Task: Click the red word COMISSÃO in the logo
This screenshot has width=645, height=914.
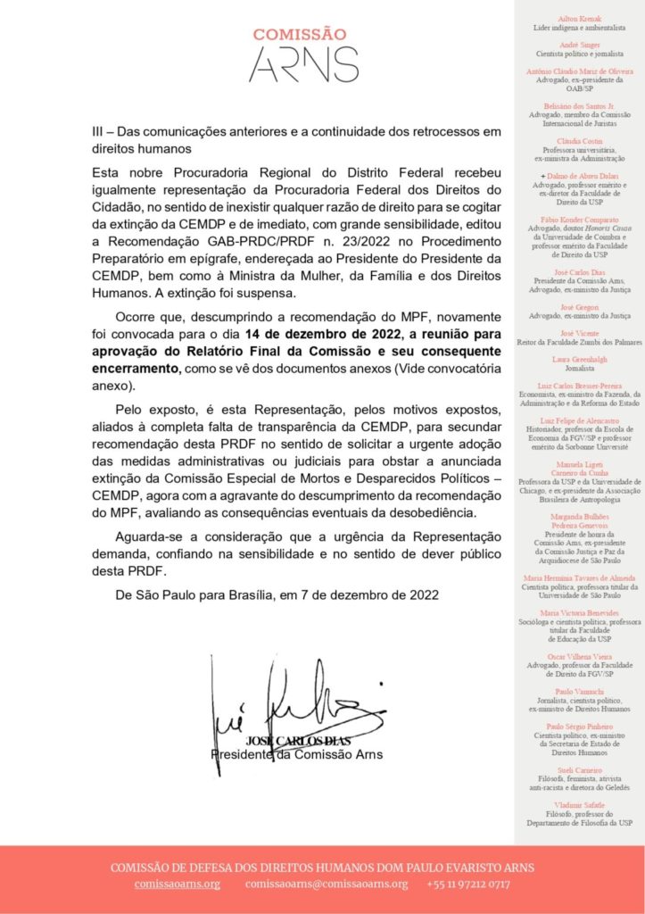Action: tap(299, 35)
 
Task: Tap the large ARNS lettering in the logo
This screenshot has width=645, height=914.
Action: tap(302, 65)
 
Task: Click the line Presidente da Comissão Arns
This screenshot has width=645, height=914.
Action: tap(296, 754)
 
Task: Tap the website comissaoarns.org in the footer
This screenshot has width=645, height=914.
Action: tap(178, 884)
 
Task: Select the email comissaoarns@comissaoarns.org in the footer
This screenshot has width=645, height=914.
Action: tap(327, 884)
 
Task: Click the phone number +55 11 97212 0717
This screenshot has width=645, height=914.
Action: tap(468, 884)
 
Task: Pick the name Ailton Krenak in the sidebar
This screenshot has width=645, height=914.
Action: tap(580, 18)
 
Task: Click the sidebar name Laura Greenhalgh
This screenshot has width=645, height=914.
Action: tap(580, 358)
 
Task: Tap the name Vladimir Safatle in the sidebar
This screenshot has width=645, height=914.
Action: tap(580, 805)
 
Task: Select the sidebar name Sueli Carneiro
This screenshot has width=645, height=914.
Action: tap(580, 769)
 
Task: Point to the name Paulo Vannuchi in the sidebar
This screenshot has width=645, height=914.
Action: tap(580, 691)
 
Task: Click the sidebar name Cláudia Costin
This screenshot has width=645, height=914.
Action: tap(580, 141)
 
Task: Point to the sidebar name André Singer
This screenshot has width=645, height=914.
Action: tap(580, 44)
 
